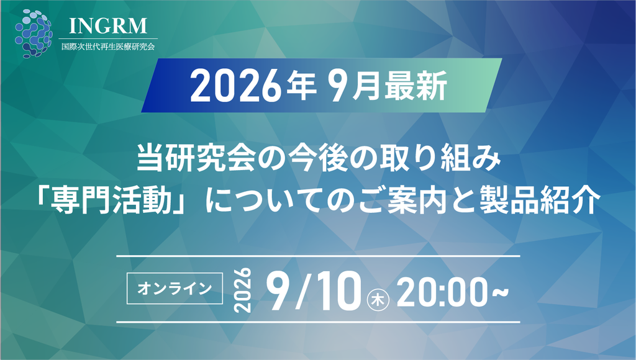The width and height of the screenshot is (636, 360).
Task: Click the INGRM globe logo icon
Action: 34,34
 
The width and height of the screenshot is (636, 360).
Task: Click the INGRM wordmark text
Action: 108,25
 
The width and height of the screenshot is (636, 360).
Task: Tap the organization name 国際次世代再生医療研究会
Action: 108,47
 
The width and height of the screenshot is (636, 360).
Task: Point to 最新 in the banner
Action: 416,86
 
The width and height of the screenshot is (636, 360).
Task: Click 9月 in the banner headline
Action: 355,86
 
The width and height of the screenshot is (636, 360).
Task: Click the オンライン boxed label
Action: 175,289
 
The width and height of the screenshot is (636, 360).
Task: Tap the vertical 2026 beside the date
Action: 243,290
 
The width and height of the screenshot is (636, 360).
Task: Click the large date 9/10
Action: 314,290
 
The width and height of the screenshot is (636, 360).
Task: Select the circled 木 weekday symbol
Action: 378,300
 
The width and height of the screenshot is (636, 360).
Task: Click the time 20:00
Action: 442,292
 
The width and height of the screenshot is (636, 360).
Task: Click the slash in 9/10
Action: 302,290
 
